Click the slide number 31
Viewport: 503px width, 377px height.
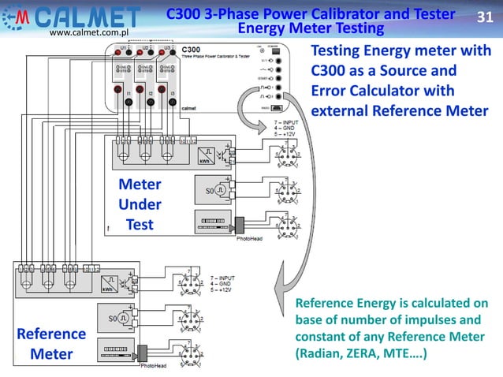pos(486,17)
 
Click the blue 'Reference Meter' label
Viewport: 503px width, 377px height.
pos(51,344)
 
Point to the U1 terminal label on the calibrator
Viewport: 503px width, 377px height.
pos(123,48)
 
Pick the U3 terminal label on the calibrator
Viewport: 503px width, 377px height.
pos(168,48)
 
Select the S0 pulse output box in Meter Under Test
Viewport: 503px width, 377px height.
pos(211,191)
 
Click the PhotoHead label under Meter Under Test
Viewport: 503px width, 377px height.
pos(251,235)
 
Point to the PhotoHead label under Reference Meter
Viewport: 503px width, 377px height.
pos(154,366)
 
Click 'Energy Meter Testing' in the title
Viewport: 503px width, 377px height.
pos(310,29)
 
